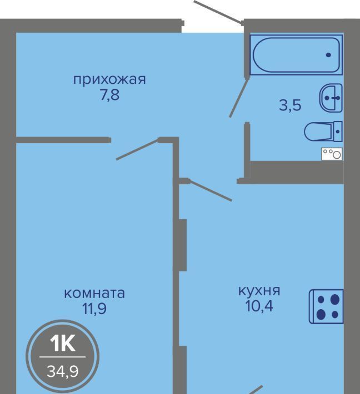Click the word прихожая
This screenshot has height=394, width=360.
coord(109,80)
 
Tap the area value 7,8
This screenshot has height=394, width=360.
coord(109,95)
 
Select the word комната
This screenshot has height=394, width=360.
coord(94,294)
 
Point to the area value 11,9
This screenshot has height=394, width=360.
coord(94,309)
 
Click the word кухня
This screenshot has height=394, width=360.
coord(259,291)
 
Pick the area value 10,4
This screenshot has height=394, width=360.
coord(259,306)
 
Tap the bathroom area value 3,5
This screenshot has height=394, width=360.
coord(290,105)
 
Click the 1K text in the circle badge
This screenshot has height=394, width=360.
coord(63,344)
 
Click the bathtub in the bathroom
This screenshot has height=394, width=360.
coord(296,55)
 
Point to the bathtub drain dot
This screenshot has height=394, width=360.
coord(328,55)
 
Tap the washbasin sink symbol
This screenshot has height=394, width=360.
coord(331,98)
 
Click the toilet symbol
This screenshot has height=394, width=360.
coord(323,131)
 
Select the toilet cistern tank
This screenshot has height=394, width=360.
coord(338,131)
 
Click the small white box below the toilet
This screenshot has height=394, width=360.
coord(332,154)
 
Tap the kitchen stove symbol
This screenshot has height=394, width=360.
coord(326,306)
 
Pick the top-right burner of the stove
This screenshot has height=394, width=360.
coord(335,299)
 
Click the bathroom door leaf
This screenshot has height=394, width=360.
coord(239,98)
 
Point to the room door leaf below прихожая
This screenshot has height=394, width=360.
coord(137,149)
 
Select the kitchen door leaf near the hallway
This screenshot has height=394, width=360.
coord(210,190)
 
